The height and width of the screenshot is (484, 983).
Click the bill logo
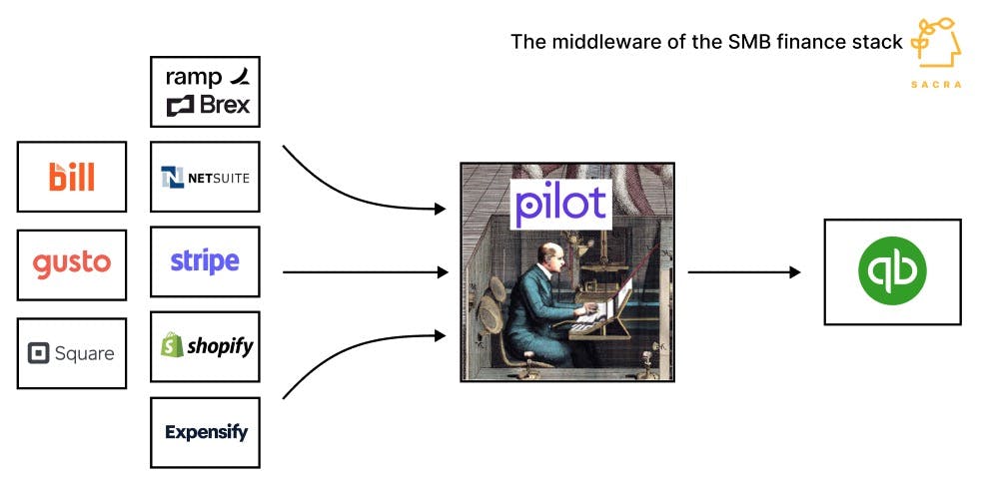(x=72, y=177)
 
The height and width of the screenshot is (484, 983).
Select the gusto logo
(x=72, y=263)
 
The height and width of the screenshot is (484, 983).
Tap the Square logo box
(x=72, y=353)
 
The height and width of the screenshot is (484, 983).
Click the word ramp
(x=193, y=77)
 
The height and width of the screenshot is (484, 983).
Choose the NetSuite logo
(x=205, y=178)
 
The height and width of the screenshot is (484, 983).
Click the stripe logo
(x=205, y=261)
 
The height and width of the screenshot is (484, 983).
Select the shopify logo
(x=207, y=346)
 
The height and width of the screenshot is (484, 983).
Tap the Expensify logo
(x=206, y=432)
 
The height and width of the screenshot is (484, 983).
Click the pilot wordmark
(x=560, y=204)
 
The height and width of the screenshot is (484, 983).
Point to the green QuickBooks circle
(x=892, y=271)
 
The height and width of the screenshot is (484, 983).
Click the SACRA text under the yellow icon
(x=936, y=85)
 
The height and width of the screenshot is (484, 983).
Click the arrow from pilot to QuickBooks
(x=744, y=271)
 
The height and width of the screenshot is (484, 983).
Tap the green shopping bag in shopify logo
(x=172, y=345)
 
